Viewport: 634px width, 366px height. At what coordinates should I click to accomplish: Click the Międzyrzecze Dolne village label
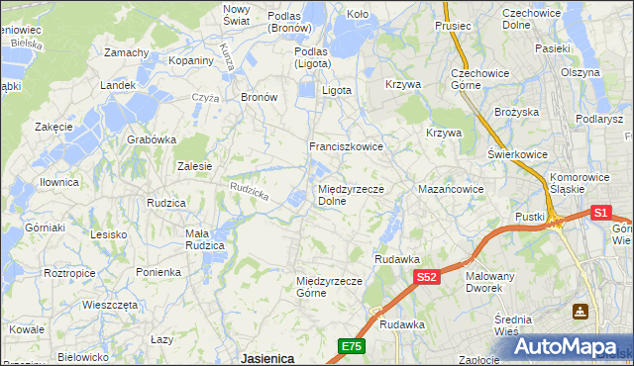pos(345,194)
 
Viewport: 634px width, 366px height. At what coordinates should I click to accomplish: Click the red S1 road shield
pos(601,212)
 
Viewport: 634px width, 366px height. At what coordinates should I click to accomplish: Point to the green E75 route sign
pos(352,345)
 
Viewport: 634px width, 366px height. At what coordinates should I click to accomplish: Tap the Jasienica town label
pos(267,359)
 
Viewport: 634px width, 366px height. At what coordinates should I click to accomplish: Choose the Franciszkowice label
pos(346,145)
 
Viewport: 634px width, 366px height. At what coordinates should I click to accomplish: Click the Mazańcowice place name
pos(451,188)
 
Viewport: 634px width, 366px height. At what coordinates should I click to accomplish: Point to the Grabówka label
pos(151,139)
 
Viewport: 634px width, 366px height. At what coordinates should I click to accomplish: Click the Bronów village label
pos(259,97)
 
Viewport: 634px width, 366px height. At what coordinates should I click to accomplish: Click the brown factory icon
pos(580,312)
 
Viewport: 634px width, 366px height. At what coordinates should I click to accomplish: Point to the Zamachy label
pos(126,52)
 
